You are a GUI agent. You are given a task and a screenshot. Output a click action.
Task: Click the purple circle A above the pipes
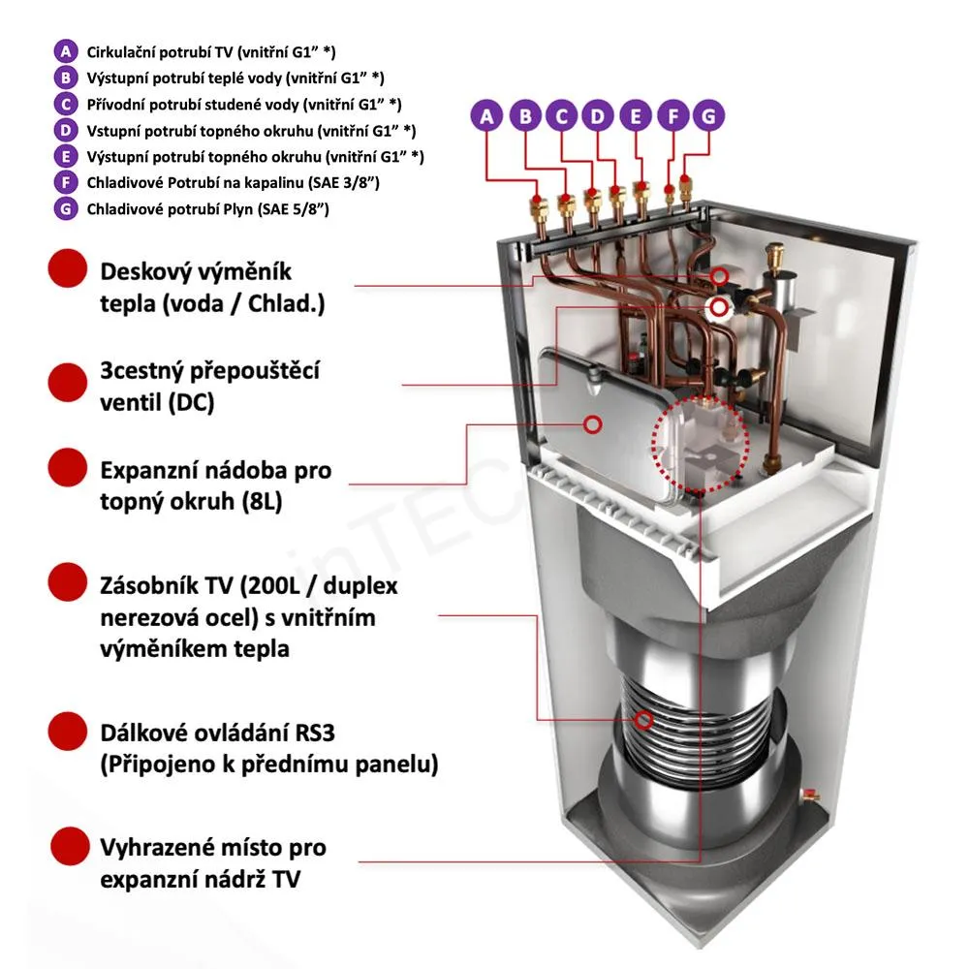pos(487,115)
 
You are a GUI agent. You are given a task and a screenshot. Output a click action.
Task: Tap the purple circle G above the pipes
pos(708,115)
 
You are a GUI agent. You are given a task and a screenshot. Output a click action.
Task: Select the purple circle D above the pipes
pos(598,115)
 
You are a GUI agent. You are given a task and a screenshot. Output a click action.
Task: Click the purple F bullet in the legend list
pos(66,182)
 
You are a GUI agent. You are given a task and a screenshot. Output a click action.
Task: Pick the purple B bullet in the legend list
pos(66,78)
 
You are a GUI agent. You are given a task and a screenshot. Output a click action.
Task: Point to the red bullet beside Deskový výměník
pos(68,268)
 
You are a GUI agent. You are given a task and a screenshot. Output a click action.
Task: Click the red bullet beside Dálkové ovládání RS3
pos(68,731)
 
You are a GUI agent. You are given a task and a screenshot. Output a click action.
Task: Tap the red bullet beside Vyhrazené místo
pos(70,846)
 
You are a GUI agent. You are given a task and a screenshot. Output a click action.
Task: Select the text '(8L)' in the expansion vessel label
pos(262,502)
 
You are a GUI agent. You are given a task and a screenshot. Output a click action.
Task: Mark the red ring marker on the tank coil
pos(644,719)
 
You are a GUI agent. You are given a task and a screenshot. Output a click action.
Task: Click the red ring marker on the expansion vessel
pos(593,424)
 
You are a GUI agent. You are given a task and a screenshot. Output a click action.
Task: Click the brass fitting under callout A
pos(537,208)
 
